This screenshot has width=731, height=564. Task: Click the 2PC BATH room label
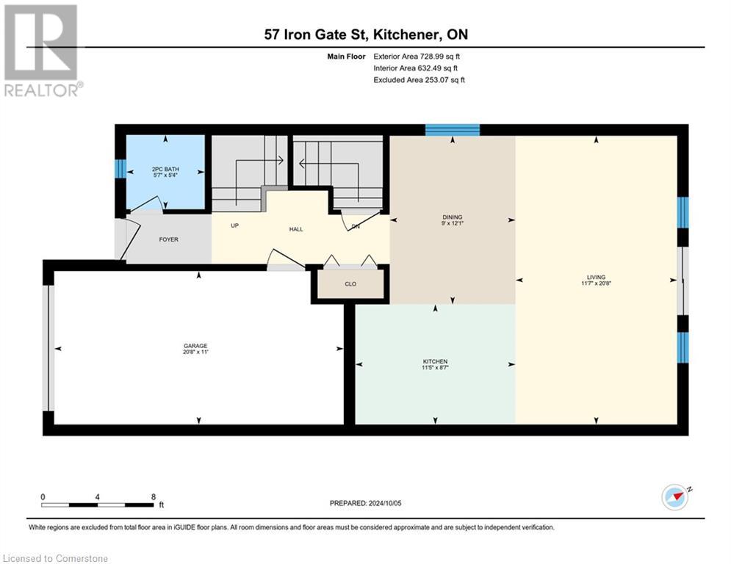point(165,168)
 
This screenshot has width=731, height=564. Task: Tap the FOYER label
point(169,239)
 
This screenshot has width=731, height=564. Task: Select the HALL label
point(296,229)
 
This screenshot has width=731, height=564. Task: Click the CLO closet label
point(350,283)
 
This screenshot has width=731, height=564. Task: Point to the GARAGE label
point(195,345)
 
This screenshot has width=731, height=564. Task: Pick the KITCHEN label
point(435,361)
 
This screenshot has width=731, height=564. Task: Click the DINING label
point(452,217)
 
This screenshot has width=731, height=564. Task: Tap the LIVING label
point(597,277)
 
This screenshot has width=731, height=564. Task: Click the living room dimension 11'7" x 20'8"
point(597,283)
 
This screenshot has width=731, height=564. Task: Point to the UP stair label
point(234,225)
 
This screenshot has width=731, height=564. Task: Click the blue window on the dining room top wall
point(453,130)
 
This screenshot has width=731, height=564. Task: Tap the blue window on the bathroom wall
point(120,169)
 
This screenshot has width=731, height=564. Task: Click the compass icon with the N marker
point(674,497)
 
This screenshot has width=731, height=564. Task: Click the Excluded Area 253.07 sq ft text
point(419,79)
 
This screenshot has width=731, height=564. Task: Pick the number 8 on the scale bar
point(153,496)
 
